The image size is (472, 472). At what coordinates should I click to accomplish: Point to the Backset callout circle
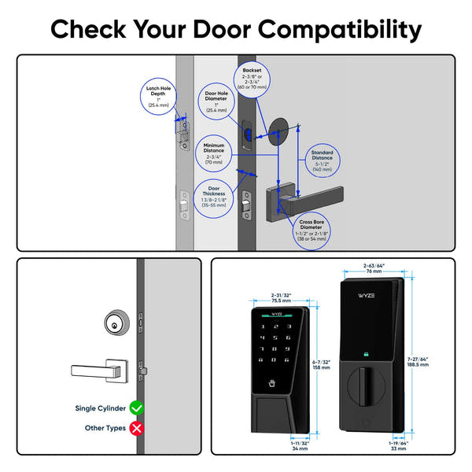coord(254,79)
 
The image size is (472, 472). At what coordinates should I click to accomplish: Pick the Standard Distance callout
coord(322,160)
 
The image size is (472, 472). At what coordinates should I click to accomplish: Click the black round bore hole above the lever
coord(280,131)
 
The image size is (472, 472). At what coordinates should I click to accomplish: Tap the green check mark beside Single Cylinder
coord(135,407)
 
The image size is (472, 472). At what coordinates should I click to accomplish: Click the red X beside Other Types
coord(135,428)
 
